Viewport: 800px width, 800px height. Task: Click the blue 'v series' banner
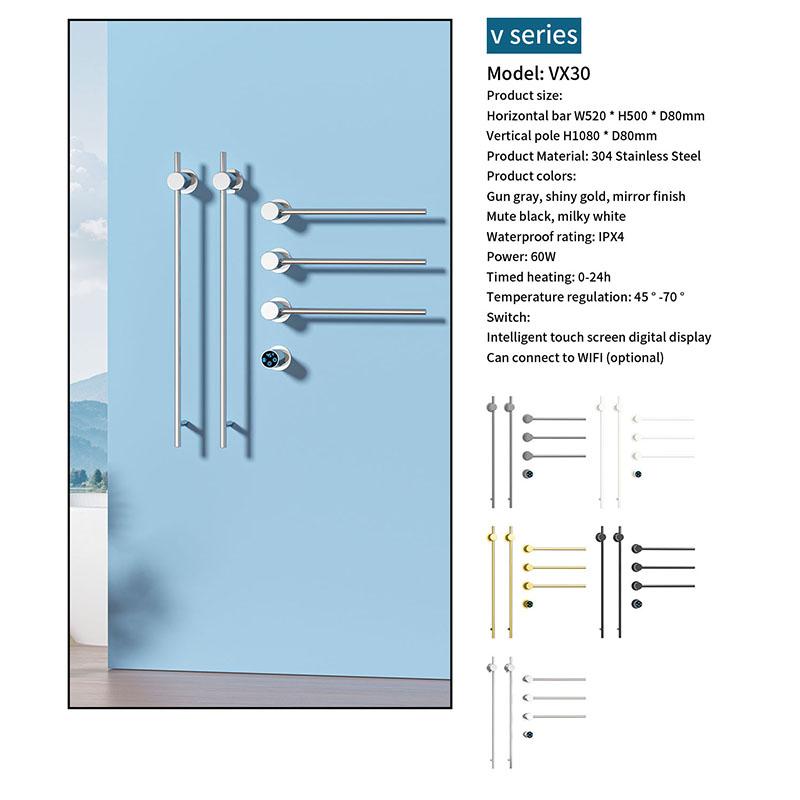point(534,35)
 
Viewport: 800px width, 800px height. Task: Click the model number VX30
point(569,73)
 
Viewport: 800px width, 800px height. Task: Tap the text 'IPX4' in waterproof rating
point(611,237)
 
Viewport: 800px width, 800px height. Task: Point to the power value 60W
point(543,257)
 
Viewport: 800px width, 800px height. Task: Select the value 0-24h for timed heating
point(594,277)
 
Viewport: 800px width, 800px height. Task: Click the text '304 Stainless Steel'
point(646,156)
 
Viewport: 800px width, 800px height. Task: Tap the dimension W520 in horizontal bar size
point(590,116)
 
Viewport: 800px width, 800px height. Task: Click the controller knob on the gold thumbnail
point(528,604)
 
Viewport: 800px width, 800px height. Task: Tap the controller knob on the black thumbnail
point(637,604)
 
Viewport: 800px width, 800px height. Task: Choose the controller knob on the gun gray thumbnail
point(528,474)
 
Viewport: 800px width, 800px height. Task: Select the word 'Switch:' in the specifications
point(508,317)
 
